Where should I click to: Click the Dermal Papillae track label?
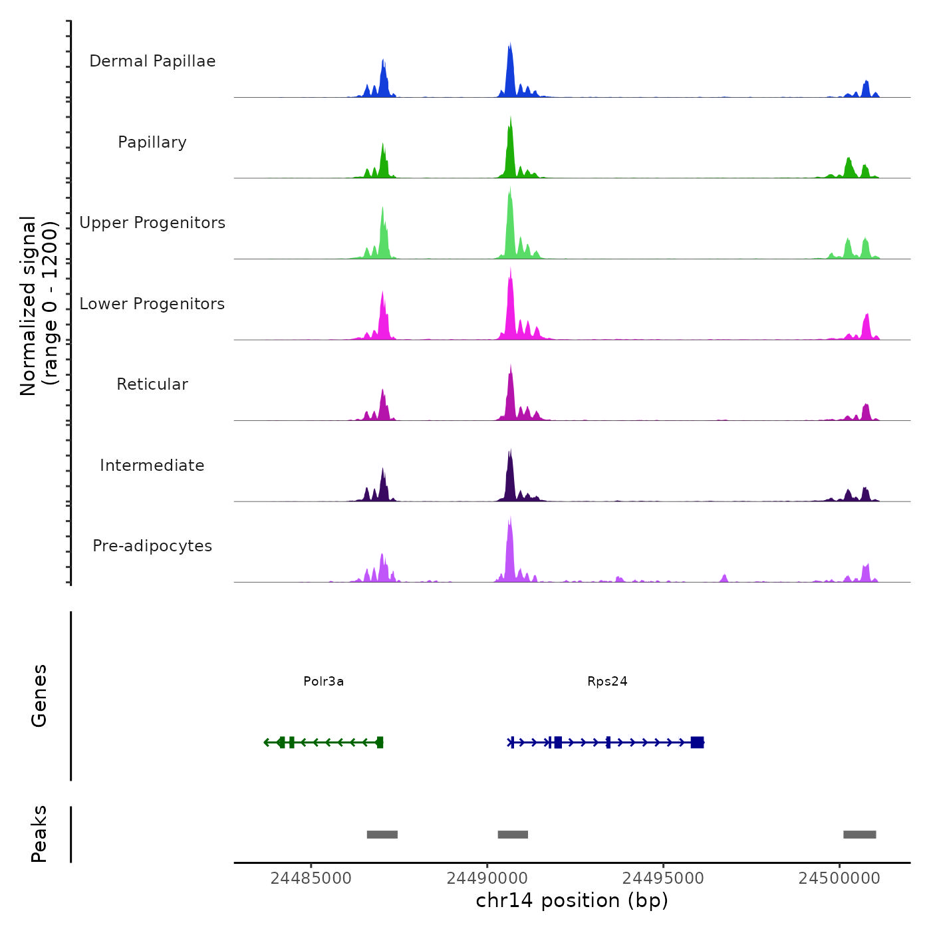coord(152,61)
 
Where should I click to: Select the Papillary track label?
coord(152,142)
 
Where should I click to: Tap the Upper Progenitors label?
coord(152,223)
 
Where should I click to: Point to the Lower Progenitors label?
coord(152,304)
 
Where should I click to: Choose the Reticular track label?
coord(152,384)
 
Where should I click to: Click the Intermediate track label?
coord(152,465)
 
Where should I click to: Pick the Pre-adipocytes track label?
coord(152,546)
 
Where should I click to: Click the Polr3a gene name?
coord(323,681)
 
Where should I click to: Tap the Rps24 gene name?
coord(607,681)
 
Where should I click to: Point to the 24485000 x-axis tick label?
coord(311,878)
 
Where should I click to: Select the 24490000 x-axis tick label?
coord(487,878)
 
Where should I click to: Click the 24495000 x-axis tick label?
coord(663,878)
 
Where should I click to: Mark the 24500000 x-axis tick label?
coord(839,878)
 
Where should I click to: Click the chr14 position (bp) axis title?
coord(572,900)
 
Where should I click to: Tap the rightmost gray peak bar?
coord(859,835)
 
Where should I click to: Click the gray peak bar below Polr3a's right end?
coord(382,835)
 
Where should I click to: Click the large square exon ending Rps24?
coord(697,742)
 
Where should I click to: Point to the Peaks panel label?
coord(39,834)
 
